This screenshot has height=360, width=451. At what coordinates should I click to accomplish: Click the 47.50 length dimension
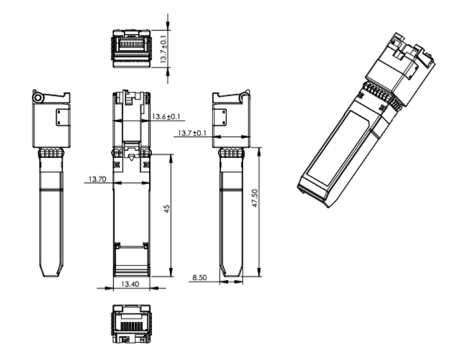[255, 198]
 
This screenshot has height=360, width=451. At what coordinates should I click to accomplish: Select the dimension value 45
[167, 209]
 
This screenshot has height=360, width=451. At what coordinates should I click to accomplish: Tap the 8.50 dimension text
[199, 278]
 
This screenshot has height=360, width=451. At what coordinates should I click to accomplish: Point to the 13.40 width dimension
[130, 284]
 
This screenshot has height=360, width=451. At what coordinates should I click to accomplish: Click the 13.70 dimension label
[97, 179]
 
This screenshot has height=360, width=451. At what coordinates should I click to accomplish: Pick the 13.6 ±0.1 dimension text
[166, 117]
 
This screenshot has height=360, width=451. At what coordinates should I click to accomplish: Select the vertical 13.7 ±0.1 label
[164, 49]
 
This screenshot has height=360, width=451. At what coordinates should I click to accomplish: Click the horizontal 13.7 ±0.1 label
[192, 133]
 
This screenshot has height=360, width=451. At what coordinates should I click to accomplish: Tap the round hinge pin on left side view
[38, 98]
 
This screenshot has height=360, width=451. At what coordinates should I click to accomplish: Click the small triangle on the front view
[131, 158]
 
